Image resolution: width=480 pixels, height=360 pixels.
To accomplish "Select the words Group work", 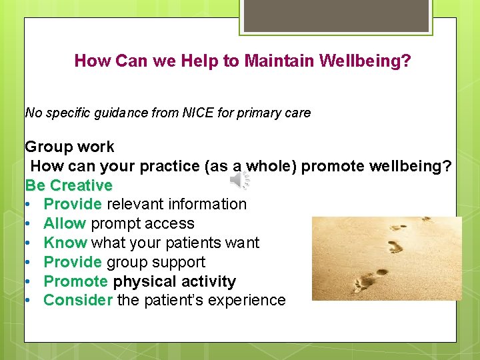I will [x=69, y=147].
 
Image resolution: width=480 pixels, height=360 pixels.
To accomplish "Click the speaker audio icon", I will [x=240, y=180].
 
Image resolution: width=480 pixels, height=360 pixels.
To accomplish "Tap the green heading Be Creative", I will [x=69, y=185].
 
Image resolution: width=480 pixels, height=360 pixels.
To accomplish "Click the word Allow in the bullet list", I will [x=65, y=223].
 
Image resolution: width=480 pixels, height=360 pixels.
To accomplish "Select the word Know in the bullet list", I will [x=65, y=243].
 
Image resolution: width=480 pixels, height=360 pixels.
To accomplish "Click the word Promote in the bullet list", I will [x=75, y=281].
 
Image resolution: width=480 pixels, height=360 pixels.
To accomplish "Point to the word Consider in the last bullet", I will [x=78, y=300].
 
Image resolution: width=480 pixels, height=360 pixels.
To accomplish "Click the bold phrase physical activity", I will [x=175, y=281].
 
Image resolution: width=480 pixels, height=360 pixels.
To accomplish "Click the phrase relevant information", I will [x=177, y=204].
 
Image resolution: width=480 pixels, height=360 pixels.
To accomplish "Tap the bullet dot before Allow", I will [x=29, y=224].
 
